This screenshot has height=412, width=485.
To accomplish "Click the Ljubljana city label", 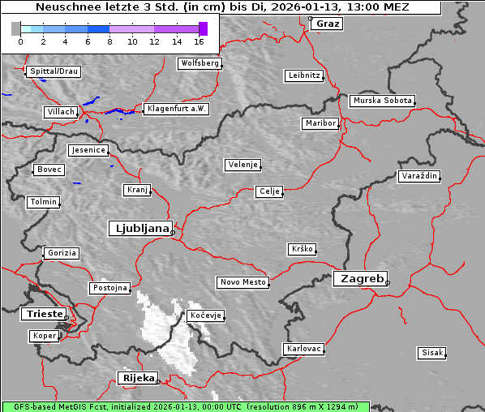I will pyautogui.click(x=139, y=228).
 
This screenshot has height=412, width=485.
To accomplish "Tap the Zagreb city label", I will pyautogui.click(x=359, y=278).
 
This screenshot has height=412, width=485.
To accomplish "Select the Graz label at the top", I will pyautogui.click(x=328, y=24).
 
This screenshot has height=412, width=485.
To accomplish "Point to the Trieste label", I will pyautogui.click(x=41, y=314).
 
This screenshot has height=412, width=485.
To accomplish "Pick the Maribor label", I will pyautogui.click(x=320, y=123).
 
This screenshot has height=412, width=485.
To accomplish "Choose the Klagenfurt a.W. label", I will pyautogui.click(x=176, y=109).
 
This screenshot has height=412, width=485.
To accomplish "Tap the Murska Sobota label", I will pyautogui.click(x=382, y=101).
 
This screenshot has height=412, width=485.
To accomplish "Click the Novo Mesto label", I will pyautogui.click(x=242, y=282).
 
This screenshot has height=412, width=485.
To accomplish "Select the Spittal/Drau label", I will pyautogui.click(x=54, y=71).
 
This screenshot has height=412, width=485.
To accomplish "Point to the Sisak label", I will pyautogui.click(x=431, y=353).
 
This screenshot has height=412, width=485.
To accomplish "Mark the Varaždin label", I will pyautogui.click(x=419, y=176).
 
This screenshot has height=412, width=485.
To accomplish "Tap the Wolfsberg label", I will pyautogui.click(x=200, y=62).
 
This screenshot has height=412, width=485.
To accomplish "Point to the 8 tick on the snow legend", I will pyautogui.click(x=109, y=41).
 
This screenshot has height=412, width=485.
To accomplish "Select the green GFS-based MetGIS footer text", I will pyautogui.click(x=185, y=406).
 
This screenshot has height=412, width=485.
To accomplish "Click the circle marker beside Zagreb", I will pyautogui.click(x=388, y=283).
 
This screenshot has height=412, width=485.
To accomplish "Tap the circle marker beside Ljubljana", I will pyautogui.click(x=173, y=233).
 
